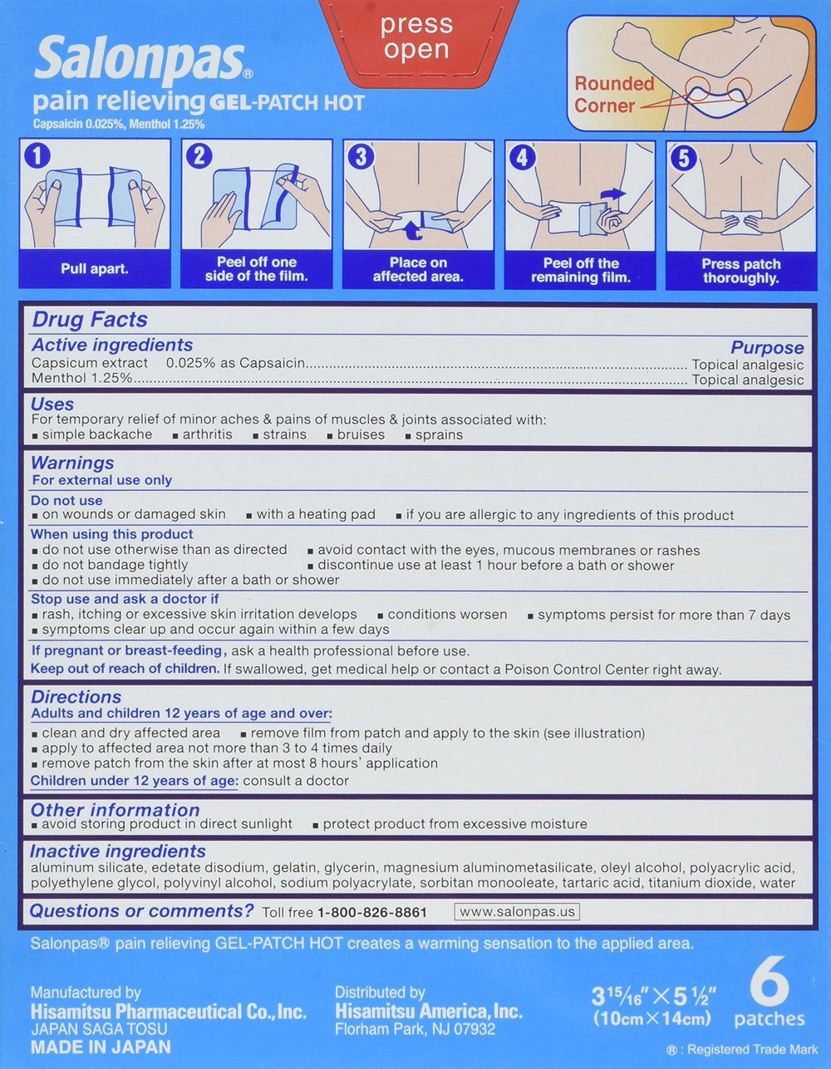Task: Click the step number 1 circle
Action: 37,156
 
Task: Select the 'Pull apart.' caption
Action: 95,269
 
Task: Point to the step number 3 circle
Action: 361,156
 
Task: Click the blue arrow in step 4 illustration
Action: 612,196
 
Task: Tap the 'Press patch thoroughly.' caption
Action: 740,271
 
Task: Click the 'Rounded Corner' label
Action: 614,95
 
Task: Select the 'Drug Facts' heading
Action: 90,320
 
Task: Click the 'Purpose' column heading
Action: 767,348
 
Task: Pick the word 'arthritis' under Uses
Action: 207,434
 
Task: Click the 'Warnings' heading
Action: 72,463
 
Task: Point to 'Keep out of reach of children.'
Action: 125,669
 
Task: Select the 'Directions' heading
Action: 76,697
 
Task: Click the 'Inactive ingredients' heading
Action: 118,851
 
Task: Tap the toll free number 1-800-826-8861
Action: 371,912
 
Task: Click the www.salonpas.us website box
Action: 517,911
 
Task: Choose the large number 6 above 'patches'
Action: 769,983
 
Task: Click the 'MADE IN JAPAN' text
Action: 101,1047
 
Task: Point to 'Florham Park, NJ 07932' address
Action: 415,1029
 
